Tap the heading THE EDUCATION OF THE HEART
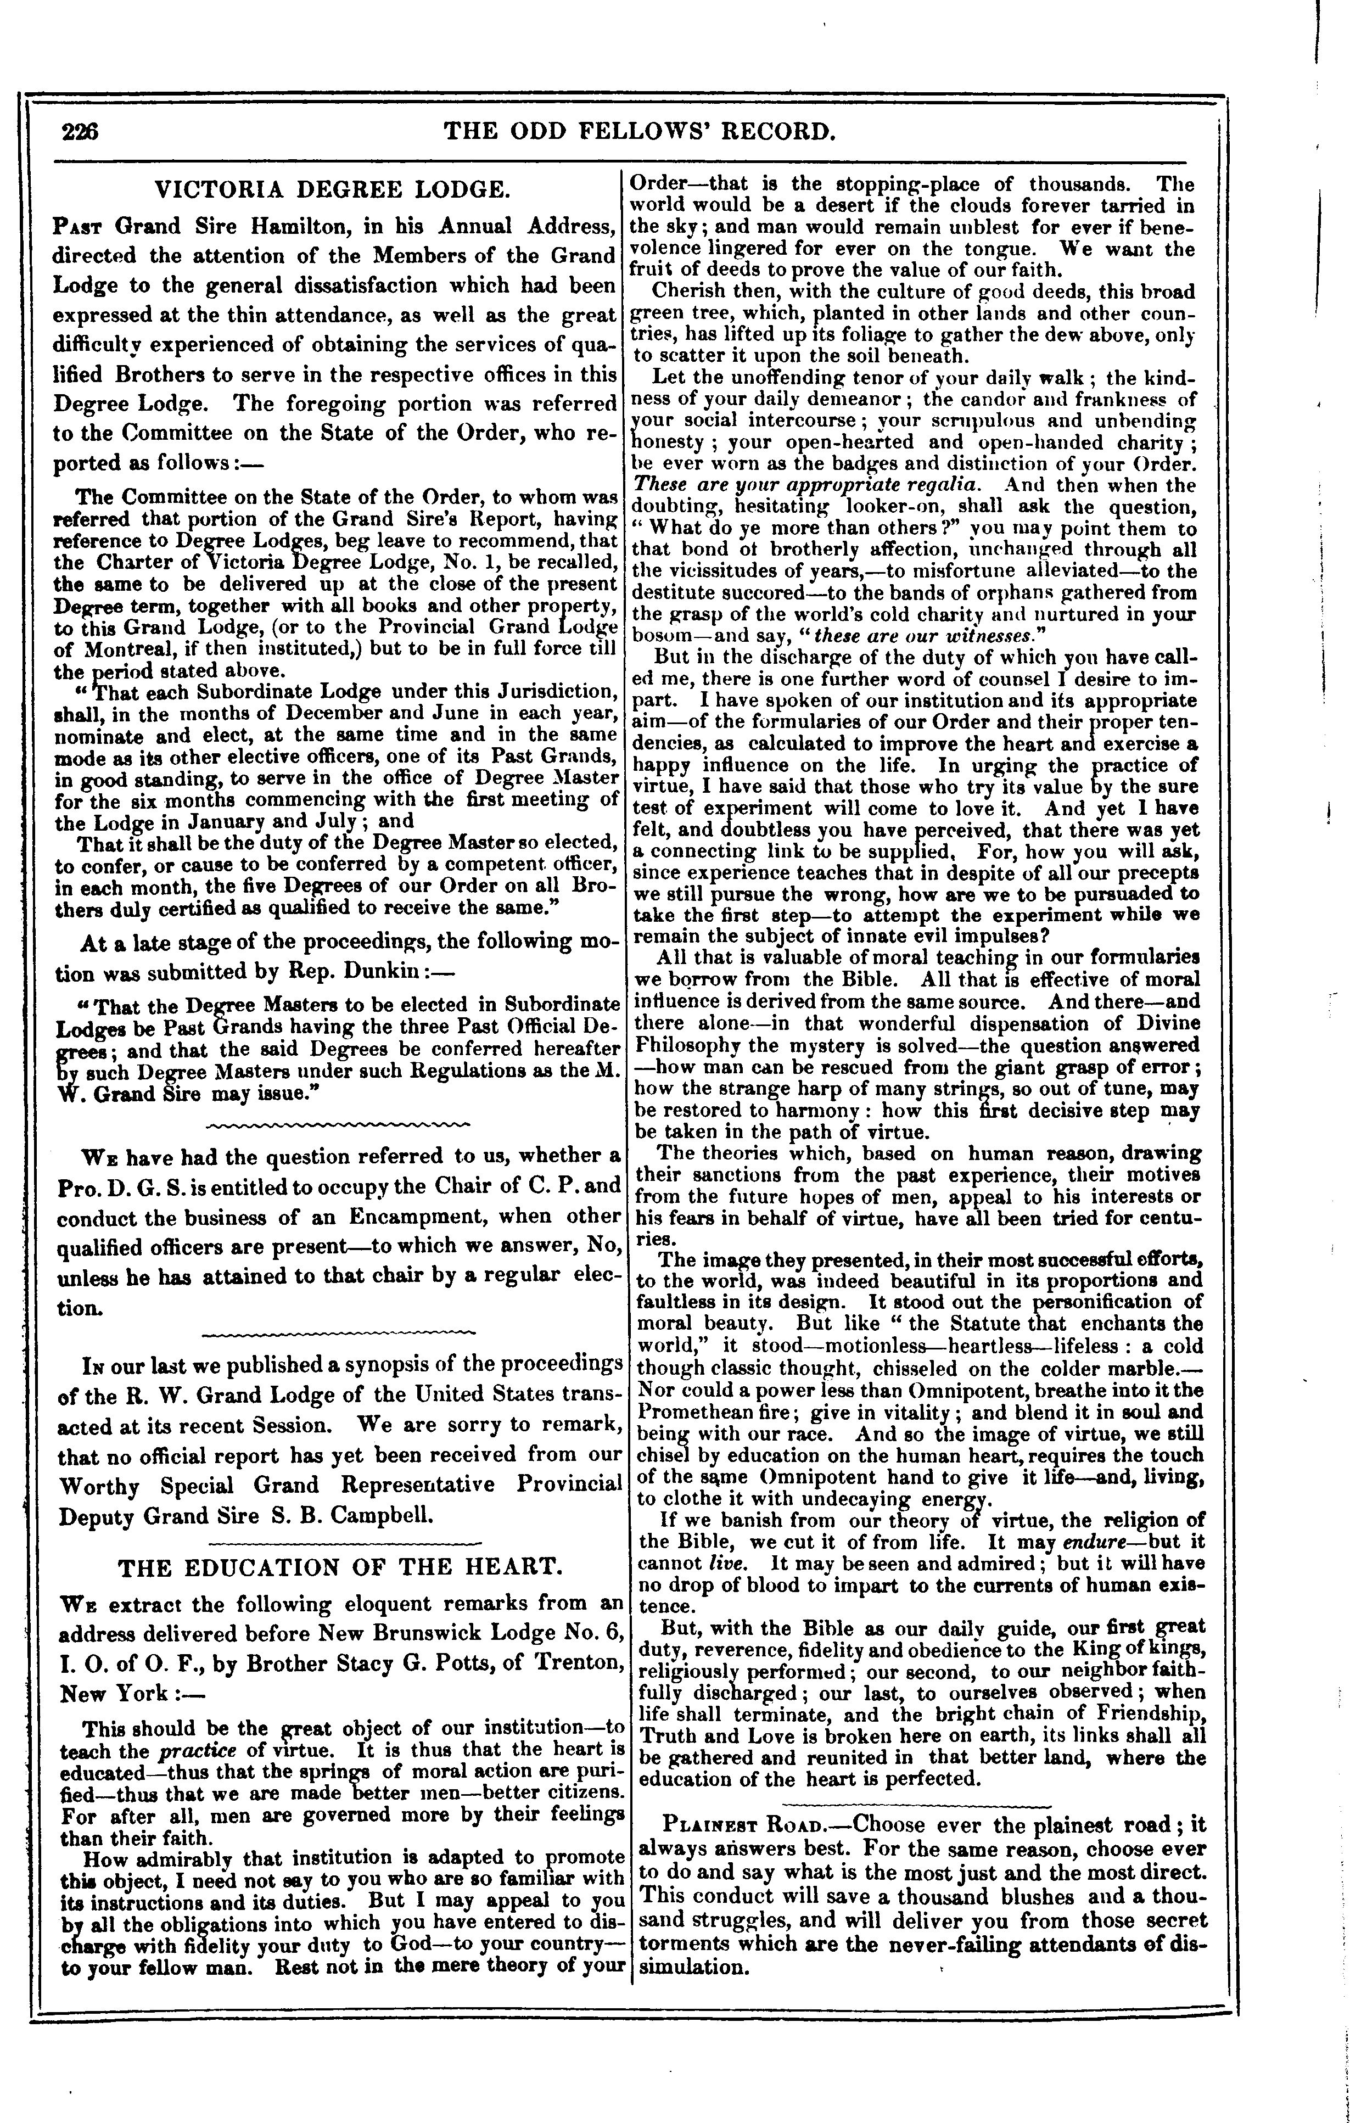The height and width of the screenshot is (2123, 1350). coord(339,1567)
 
